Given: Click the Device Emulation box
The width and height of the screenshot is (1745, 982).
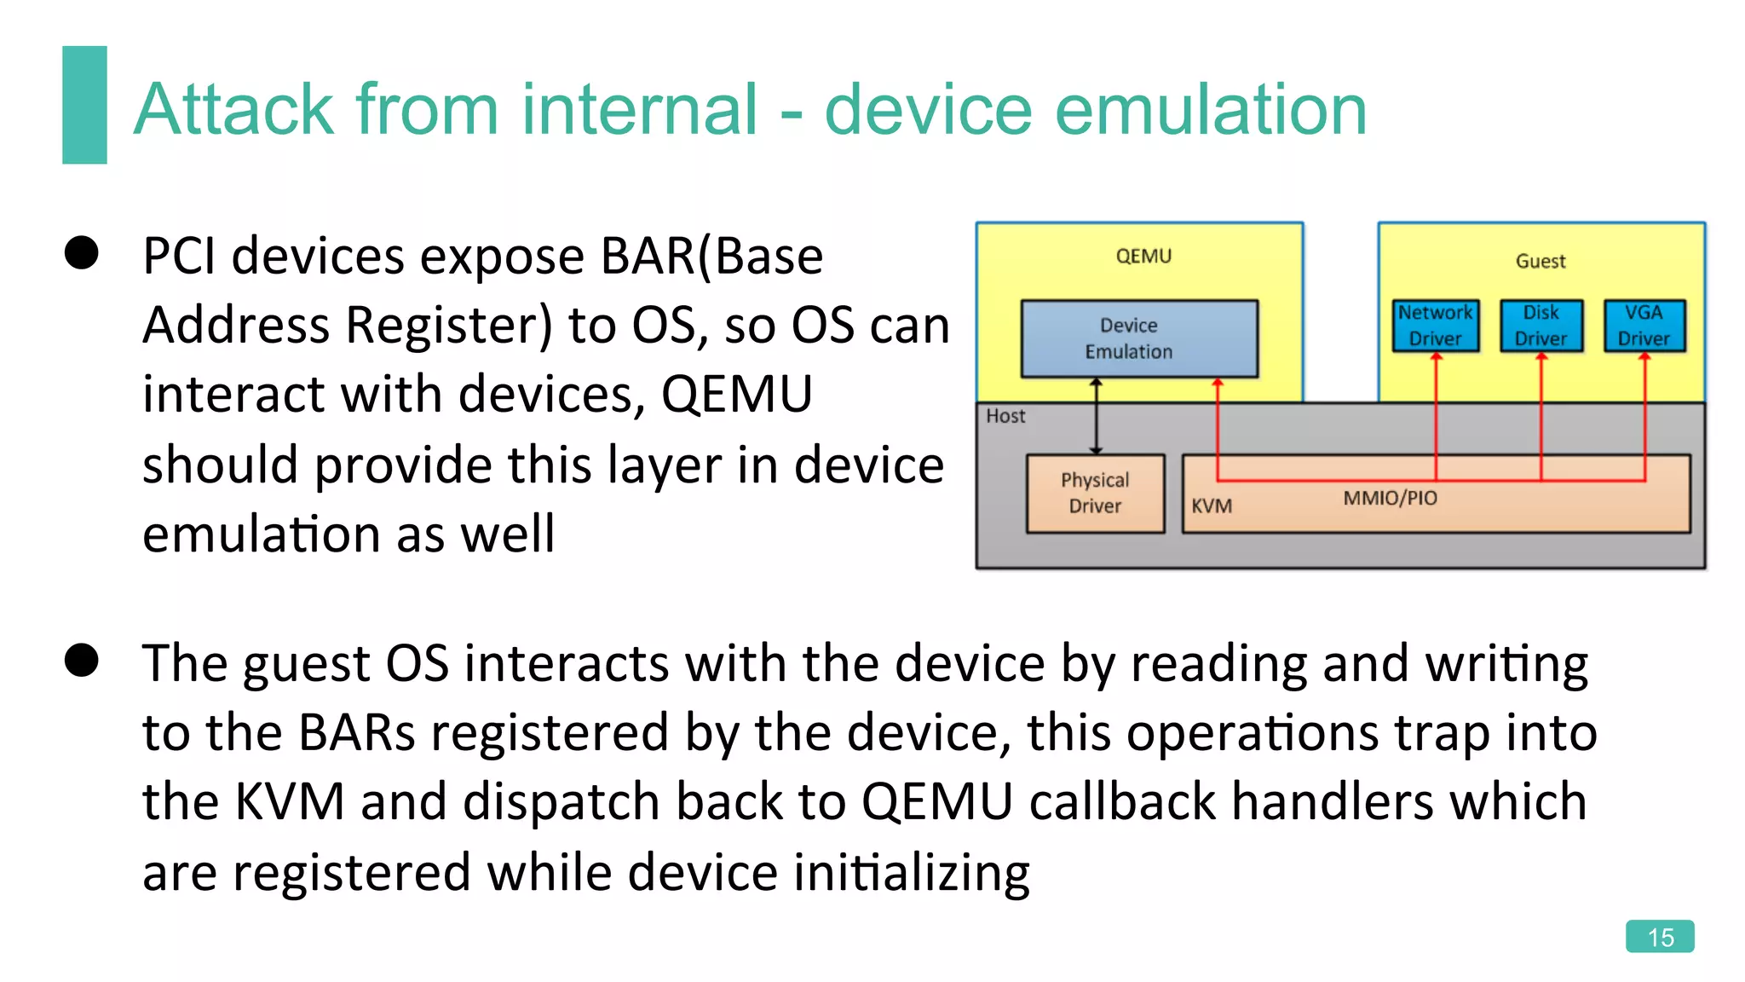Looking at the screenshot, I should point(1139,338).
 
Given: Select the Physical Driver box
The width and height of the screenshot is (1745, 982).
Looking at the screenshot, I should point(1095,493).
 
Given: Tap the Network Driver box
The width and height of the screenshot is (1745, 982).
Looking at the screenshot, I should point(1436,326).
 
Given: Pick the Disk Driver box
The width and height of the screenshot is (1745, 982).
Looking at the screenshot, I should point(1541,326).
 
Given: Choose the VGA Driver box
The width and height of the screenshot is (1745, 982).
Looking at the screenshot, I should point(1644,326).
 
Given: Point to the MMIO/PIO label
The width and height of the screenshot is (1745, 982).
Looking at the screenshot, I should point(1390,498).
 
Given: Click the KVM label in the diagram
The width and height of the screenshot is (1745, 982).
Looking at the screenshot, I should point(1211,505).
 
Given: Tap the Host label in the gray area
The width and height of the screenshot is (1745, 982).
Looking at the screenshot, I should point(1005,416).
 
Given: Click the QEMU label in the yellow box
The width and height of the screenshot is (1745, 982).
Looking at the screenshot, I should point(1143,256).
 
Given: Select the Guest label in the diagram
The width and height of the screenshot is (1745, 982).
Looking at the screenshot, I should point(1540,261).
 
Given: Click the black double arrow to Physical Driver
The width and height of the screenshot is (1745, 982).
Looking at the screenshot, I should point(1096,417).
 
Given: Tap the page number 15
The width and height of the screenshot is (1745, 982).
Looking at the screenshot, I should point(1659,937).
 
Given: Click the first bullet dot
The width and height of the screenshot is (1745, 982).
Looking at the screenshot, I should point(82,253).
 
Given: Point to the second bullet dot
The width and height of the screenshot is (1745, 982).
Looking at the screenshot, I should point(82,660).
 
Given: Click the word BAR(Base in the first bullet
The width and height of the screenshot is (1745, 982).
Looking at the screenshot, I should point(711,256).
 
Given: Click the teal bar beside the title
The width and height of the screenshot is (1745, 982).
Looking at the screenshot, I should point(84,105).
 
